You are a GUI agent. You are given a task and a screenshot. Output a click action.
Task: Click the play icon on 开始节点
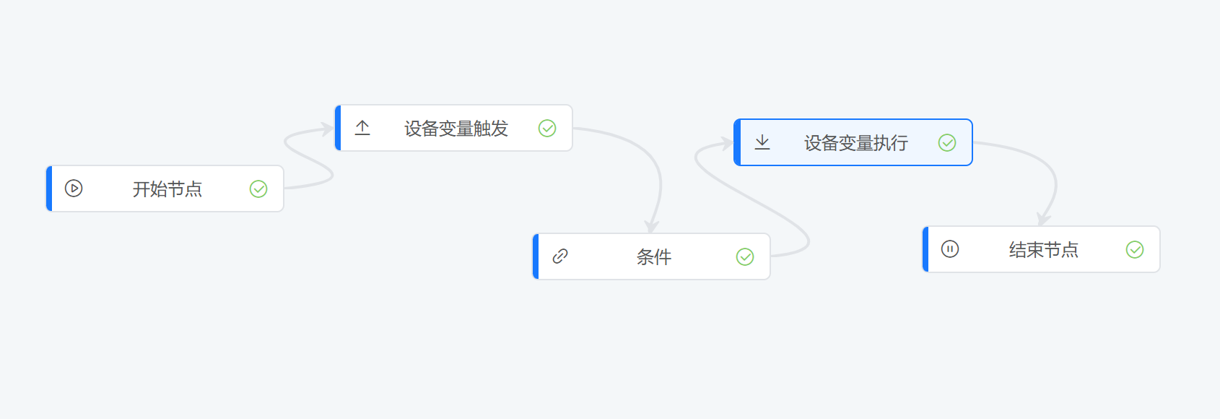point(74,189)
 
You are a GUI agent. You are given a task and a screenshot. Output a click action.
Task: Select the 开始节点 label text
point(167,189)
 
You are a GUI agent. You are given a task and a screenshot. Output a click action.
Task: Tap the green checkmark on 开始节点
point(258,189)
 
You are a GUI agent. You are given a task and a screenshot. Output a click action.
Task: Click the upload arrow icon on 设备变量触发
point(362,128)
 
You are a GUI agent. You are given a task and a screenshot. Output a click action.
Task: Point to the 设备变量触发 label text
point(456,129)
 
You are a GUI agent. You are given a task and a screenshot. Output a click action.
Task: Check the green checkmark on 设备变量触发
point(546,128)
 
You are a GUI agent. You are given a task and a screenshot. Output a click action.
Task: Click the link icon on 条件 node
point(560,256)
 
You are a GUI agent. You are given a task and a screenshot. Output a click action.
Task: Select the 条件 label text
point(653,256)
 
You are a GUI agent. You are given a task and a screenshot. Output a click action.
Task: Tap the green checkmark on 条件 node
point(744,256)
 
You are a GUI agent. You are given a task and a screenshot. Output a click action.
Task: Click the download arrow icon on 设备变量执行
point(762,142)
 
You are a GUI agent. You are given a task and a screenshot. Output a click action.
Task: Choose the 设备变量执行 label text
point(855,143)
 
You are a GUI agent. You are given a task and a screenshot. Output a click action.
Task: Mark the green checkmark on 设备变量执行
point(946,143)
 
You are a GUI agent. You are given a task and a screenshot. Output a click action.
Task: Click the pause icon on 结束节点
point(950,249)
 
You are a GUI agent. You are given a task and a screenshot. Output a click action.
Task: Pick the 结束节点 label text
point(1044,249)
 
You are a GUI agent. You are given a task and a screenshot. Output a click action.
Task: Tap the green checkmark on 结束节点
point(1135,249)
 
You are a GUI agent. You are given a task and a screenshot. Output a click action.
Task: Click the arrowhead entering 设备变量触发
point(327,129)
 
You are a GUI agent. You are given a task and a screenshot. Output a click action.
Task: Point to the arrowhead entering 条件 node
point(652,227)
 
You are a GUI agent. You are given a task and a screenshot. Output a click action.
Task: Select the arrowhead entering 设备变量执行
point(726,143)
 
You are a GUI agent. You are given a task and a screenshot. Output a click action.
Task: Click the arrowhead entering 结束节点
point(1043,219)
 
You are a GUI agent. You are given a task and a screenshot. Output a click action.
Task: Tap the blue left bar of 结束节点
point(925,249)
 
